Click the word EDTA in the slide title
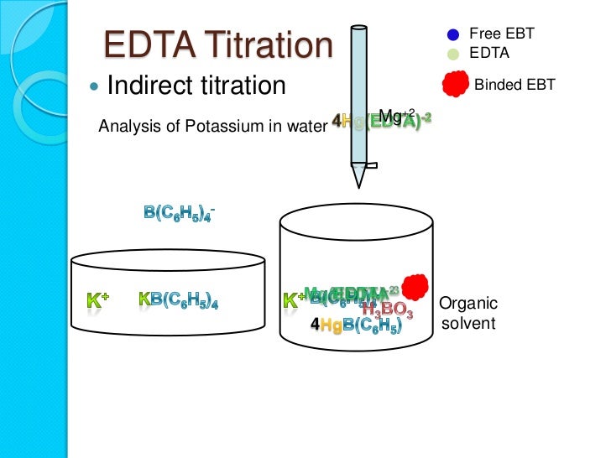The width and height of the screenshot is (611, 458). click(x=144, y=46)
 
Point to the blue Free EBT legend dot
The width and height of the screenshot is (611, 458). click(x=452, y=34)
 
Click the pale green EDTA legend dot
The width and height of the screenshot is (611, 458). click(x=452, y=52)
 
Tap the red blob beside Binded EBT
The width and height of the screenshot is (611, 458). click(x=454, y=83)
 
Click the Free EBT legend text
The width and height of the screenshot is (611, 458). click(x=501, y=34)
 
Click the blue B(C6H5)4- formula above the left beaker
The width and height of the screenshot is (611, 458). click(x=180, y=212)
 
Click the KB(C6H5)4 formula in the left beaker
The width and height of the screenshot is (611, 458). click(x=184, y=299)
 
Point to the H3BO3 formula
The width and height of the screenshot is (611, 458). click(x=387, y=311)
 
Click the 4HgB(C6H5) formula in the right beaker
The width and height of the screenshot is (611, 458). click(x=356, y=325)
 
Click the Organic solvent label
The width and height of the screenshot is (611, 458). click(x=468, y=313)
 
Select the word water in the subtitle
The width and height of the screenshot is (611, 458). click(x=304, y=128)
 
